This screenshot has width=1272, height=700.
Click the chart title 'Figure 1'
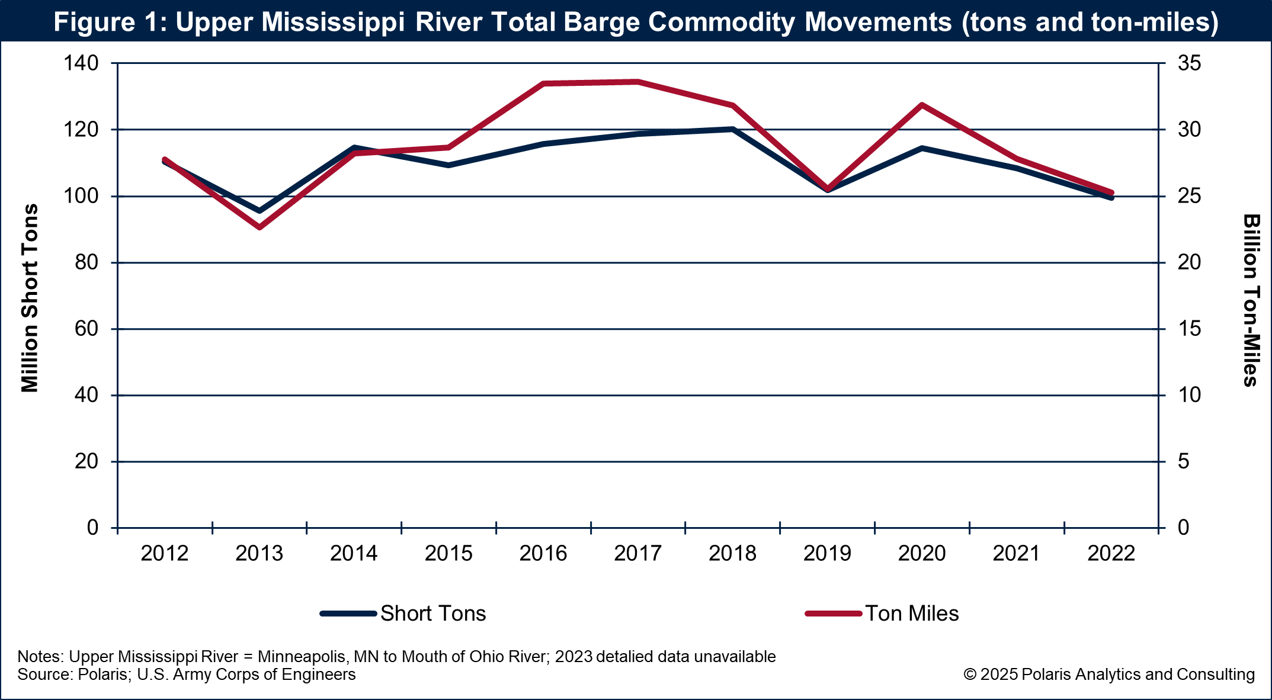[x=636, y=22]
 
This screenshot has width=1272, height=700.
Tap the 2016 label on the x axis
[x=543, y=554]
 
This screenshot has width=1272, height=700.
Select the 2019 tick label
[x=827, y=554]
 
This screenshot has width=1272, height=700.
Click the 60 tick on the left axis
[x=87, y=329]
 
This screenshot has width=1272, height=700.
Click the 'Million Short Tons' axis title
[x=30, y=298]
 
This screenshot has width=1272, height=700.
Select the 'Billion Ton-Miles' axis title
[x=1251, y=300]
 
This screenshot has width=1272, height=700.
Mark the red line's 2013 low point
[x=259, y=227]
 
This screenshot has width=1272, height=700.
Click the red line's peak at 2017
[x=637, y=82]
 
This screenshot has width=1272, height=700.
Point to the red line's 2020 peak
[x=922, y=105]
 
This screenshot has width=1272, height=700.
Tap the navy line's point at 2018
[x=732, y=129]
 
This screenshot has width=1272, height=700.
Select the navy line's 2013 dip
[x=259, y=211]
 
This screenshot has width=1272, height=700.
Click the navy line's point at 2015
[x=448, y=165]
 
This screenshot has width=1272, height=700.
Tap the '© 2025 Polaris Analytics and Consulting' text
[x=1109, y=675]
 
